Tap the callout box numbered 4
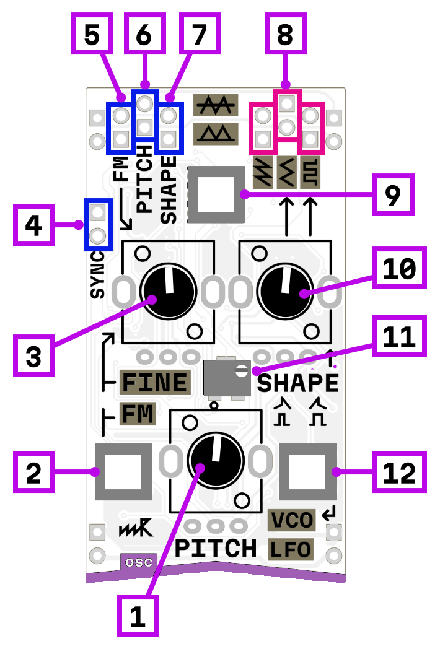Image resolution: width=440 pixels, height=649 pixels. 33,225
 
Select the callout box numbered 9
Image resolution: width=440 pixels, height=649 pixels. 393,194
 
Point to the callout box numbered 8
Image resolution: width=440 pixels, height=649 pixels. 284,35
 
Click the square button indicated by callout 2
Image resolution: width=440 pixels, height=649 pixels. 123,472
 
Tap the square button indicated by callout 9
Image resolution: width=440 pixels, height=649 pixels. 216,194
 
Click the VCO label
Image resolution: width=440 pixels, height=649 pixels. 292,520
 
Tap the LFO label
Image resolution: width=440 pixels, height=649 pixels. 290,549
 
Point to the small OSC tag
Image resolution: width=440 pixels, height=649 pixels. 139,562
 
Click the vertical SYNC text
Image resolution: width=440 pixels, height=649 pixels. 98,275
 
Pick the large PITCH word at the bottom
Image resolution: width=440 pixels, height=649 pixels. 215,549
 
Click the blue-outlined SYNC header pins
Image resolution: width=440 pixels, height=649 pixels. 98,224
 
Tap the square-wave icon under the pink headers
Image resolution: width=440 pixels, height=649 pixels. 310,172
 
